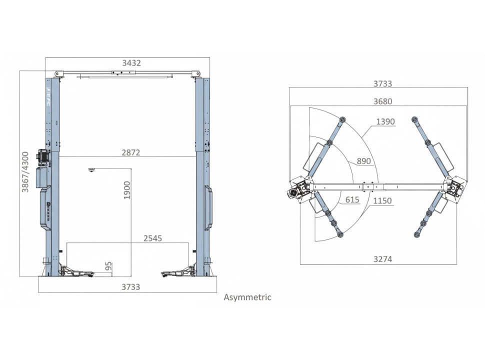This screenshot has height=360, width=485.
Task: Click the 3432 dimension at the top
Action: point(131,63)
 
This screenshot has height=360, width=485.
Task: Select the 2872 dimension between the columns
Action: point(131,152)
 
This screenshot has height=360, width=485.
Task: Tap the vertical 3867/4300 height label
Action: point(25,172)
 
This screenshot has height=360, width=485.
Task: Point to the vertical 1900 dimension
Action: point(127,190)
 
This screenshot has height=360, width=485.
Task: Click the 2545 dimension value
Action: point(153,238)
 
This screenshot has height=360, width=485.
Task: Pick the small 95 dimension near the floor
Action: point(108,266)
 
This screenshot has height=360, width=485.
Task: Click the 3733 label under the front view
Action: point(130,287)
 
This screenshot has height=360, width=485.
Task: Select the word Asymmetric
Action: point(247,297)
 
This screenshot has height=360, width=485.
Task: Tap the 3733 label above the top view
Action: point(382,84)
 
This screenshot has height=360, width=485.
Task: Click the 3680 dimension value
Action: point(382,101)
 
